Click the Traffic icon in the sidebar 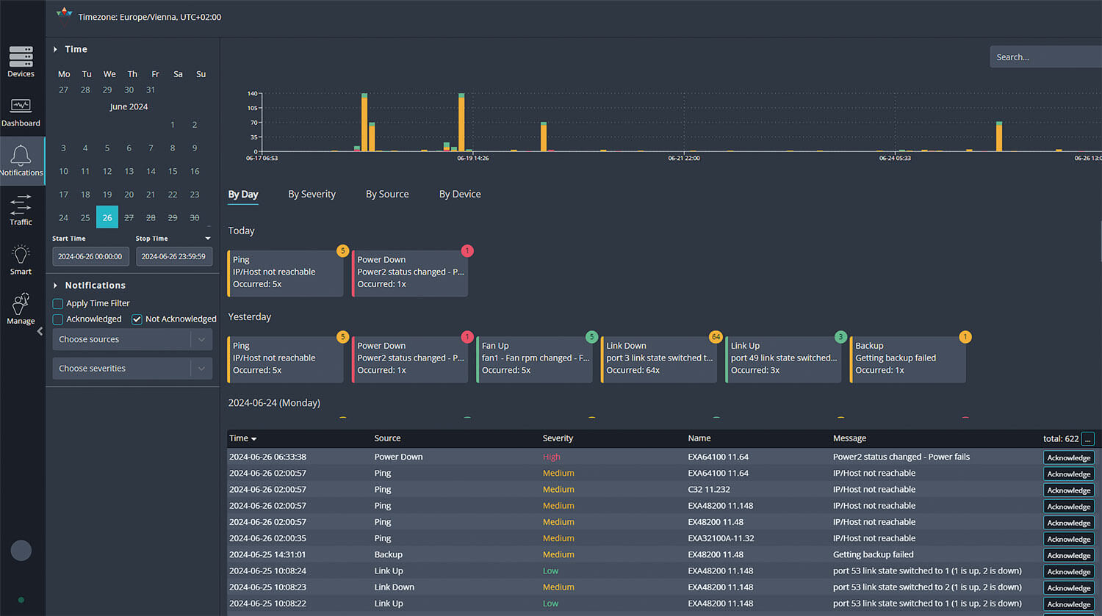point(21,209)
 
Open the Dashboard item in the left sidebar point(21,112)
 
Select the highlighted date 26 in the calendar point(107,217)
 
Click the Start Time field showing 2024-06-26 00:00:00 point(90,256)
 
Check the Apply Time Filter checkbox point(58,303)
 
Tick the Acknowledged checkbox point(58,319)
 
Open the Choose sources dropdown point(132,339)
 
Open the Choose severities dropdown point(132,369)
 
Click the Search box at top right point(1043,57)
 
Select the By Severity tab point(311,195)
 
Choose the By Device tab point(460,195)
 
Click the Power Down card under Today point(410,272)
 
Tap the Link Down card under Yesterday point(659,358)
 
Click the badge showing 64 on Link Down point(716,337)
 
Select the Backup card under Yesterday point(908,358)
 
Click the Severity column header point(558,438)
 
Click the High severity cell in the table point(551,457)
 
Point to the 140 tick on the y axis point(253,94)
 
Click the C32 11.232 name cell point(709,490)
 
